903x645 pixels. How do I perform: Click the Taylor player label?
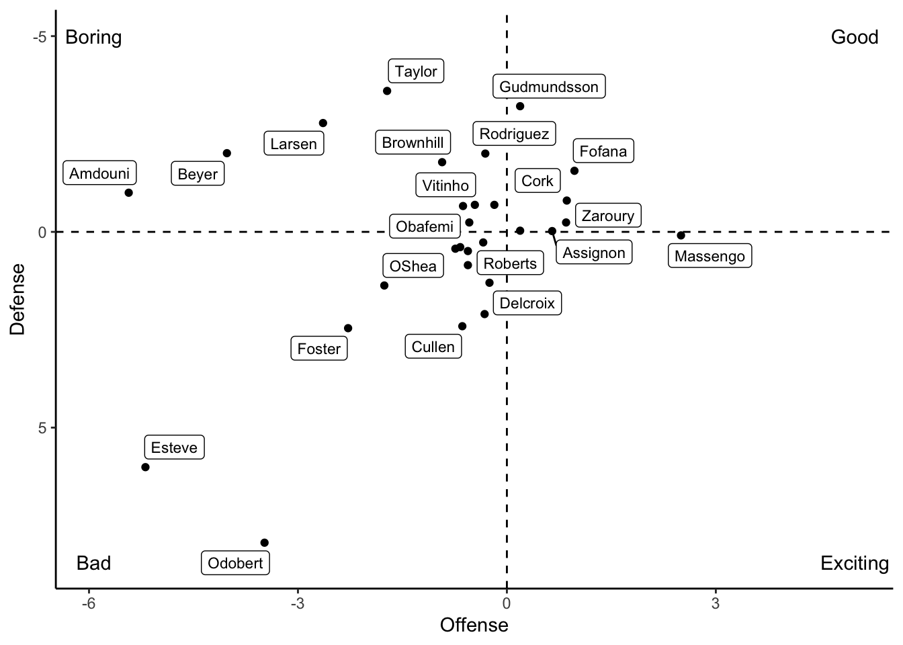(416, 71)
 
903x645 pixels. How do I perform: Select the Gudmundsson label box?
(549, 87)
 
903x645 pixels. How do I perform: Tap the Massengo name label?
(709, 256)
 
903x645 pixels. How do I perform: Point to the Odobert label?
(235, 563)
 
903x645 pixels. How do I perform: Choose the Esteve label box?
(174, 447)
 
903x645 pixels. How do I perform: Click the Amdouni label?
(99, 173)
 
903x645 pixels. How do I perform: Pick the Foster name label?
(319, 349)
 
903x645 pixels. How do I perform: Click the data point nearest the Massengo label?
(681, 235)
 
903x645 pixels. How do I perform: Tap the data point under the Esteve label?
(145, 467)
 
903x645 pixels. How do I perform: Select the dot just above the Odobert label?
(264, 543)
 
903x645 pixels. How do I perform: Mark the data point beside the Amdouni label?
(128, 193)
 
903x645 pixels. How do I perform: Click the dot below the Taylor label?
(387, 91)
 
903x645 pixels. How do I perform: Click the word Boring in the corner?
(93, 37)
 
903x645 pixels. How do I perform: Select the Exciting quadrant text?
(855, 563)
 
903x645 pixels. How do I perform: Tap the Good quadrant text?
(855, 37)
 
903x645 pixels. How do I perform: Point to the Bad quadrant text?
(93, 563)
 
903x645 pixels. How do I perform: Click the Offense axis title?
(474, 626)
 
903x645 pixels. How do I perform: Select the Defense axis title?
(17, 299)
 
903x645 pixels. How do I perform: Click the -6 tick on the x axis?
(89, 603)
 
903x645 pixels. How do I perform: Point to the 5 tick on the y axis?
(42, 428)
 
